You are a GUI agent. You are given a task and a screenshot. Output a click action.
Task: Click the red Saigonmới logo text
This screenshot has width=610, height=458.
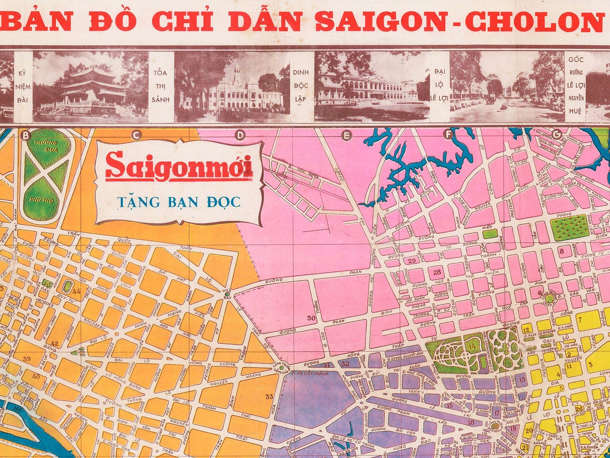coord(179,167)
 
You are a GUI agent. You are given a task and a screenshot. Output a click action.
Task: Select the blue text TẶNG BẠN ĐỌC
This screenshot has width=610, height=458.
coord(179,202)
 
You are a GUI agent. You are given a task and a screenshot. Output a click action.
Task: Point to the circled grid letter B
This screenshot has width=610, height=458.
coord(25,135)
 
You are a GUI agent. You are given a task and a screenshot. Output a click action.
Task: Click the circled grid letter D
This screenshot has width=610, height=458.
coord(240,135)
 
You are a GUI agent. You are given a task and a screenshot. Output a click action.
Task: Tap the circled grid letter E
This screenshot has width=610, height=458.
coord(346,135)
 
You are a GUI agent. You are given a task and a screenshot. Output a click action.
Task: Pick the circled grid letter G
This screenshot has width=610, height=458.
coord(556,135)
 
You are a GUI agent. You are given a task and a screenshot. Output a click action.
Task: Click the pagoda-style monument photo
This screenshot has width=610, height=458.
coord(90,87)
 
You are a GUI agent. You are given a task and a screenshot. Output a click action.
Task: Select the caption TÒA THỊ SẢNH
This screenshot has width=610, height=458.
coord(161,86)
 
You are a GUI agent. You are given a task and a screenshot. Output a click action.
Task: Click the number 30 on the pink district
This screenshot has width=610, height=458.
coord(311,318)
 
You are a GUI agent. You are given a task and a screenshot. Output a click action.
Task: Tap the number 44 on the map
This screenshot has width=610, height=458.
coord(77,292)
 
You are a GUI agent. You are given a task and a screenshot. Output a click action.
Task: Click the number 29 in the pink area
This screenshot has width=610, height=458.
coord(411,261)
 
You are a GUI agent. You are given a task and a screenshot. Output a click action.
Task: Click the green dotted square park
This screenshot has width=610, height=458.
coord(569,227)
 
